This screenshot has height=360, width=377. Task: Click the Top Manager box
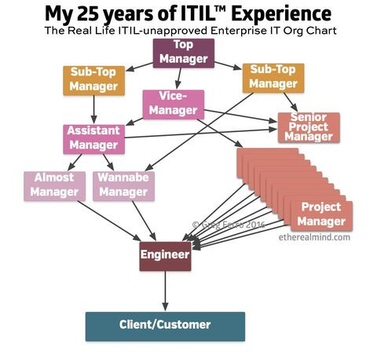184,53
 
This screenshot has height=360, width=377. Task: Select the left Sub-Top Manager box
93,81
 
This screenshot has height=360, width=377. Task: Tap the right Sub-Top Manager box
273,78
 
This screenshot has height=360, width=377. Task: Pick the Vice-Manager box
174,105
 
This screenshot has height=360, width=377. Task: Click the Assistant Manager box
93,139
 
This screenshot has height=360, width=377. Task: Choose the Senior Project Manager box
309,127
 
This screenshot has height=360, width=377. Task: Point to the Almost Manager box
54,186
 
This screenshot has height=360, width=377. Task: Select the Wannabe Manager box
123,186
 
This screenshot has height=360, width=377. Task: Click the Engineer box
165,256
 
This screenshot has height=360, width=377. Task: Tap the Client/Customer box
165,326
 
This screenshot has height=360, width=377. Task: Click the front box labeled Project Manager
321,216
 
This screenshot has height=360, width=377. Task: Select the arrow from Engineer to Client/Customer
165,291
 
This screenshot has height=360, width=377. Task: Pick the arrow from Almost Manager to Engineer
109,221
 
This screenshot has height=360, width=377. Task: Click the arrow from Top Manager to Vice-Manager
179,79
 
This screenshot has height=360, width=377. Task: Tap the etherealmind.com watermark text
314,237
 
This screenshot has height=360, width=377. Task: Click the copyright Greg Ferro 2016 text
229,225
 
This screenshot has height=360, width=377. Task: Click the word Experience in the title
281,15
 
